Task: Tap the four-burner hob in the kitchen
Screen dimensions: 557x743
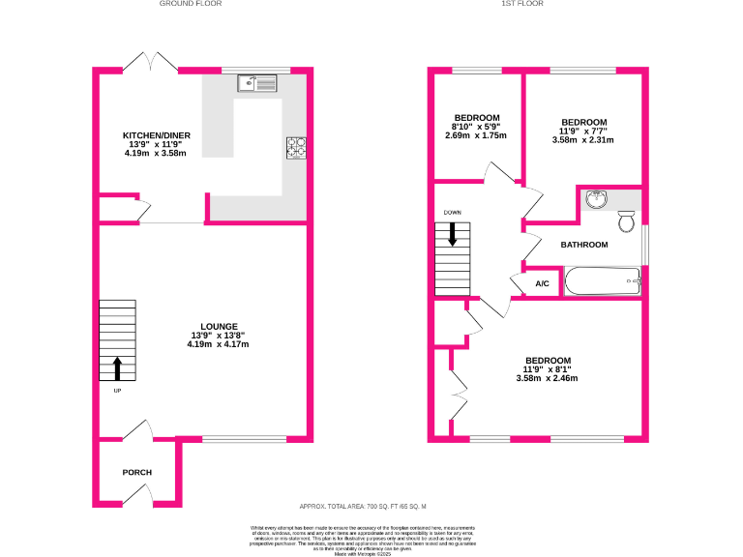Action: point(297,148)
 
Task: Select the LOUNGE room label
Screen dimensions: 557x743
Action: point(219,326)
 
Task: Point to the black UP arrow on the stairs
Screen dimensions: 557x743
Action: point(118,367)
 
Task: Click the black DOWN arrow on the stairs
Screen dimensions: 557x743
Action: point(451,234)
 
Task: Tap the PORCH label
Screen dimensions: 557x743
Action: point(136,472)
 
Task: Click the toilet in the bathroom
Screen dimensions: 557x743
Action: point(626,223)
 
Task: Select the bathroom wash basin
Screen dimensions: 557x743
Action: point(597,200)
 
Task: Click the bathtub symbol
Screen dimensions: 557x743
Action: point(602,281)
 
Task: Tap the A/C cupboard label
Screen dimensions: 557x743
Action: point(542,284)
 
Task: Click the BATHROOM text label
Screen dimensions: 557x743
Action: point(584,245)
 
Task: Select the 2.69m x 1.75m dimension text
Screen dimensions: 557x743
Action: point(476,135)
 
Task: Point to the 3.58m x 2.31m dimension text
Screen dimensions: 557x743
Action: point(583,140)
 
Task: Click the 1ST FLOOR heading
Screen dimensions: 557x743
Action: point(522,4)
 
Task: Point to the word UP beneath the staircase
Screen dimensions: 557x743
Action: point(118,391)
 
